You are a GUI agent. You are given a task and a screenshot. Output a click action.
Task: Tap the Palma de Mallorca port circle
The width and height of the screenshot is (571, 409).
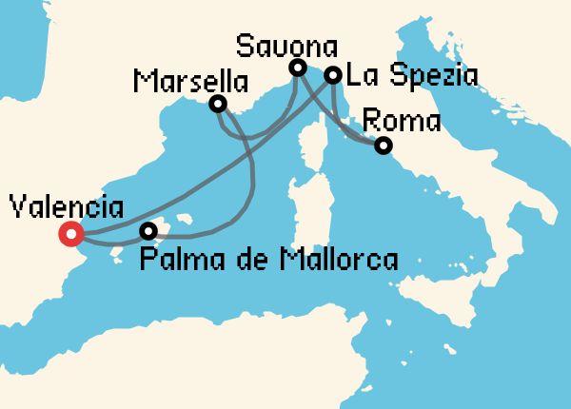(x=148, y=231)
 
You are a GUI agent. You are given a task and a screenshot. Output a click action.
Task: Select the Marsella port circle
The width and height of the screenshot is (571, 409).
(x=218, y=104)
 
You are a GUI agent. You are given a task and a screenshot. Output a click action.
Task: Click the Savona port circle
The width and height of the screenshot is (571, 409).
(x=297, y=68)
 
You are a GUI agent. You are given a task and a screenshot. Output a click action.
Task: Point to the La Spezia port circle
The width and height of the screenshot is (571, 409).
(x=332, y=75)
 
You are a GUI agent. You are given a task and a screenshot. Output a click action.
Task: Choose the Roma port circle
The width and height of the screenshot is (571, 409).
(x=383, y=146)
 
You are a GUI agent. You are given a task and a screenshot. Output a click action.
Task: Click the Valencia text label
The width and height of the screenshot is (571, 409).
(x=65, y=206)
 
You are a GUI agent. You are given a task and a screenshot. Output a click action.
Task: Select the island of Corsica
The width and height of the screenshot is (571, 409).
(x=311, y=143)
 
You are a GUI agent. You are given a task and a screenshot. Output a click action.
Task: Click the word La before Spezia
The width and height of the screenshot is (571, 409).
(x=363, y=75)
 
